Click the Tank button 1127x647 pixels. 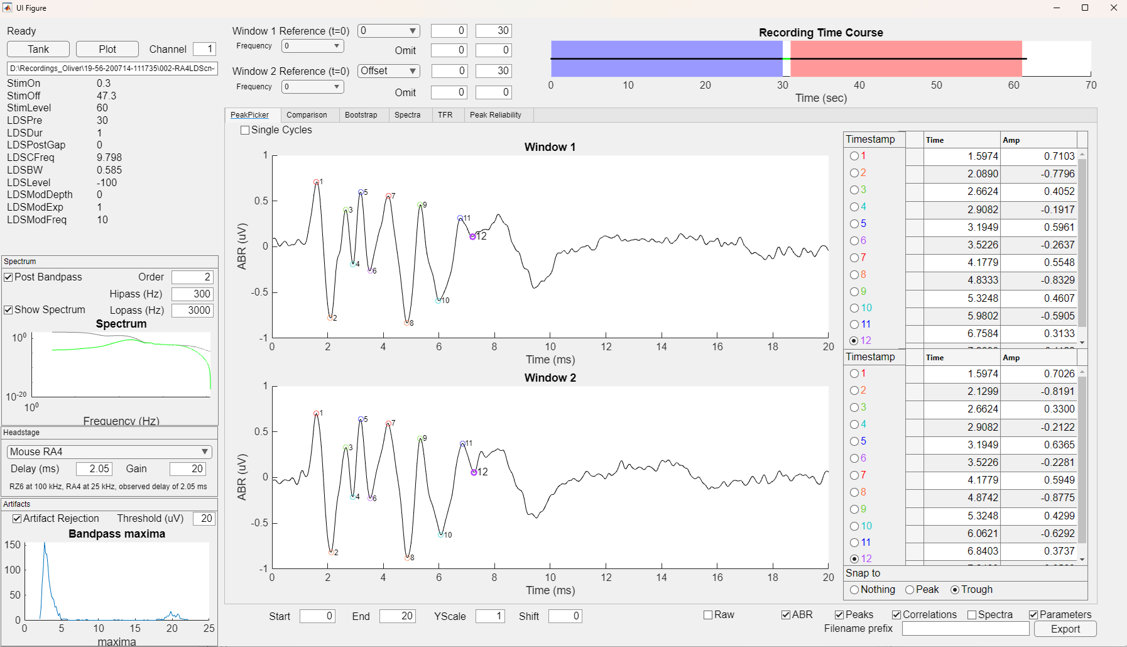[38, 49]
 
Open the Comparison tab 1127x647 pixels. [307, 115]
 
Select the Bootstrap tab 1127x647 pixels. [361, 115]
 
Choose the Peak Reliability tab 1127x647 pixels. [495, 115]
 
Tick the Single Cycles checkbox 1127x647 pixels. [245, 130]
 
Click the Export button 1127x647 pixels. [1065, 629]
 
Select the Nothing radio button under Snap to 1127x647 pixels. [854, 590]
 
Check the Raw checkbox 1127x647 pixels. [708, 615]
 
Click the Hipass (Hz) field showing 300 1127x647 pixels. [193, 294]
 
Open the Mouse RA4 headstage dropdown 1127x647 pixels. [109, 451]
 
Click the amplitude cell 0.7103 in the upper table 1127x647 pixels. [1039, 156]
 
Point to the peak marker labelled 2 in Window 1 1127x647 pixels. [330, 318]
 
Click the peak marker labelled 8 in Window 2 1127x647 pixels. [408, 557]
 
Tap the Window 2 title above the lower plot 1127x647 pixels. [550, 378]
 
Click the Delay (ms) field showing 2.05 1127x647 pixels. [94, 468]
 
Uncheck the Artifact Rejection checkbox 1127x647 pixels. [17, 519]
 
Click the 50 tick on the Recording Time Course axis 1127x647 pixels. [936, 85]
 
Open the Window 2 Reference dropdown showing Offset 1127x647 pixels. [389, 71]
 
